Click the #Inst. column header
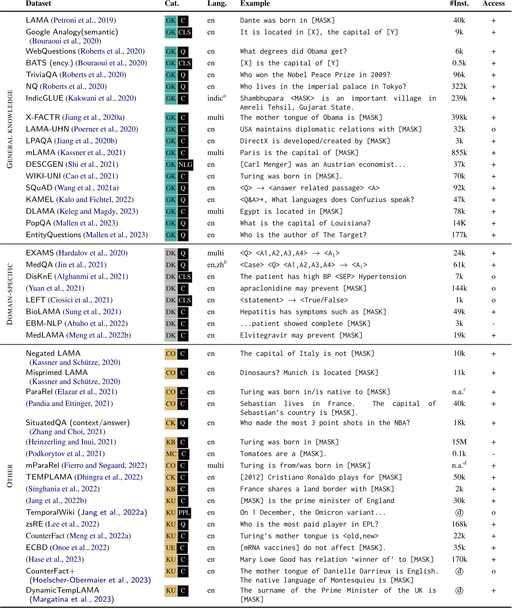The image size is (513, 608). (459, 4)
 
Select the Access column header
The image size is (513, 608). (493, 4)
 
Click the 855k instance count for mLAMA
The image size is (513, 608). (459, 153)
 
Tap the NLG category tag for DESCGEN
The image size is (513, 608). (185, 164)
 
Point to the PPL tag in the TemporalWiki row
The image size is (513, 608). (184, 512)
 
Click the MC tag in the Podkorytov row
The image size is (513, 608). (171, 454)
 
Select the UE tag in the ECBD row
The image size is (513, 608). (170, 548)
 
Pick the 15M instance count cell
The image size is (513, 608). (459, 442)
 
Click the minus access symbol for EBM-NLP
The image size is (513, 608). (493, 324)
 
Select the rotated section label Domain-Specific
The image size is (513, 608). (10, 294)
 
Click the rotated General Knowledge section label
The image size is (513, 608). (10, 129)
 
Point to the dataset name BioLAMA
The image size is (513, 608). (43, 312)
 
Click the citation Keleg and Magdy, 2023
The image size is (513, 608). (98, 211)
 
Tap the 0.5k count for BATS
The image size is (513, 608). (459, 63)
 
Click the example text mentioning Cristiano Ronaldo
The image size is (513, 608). (321, 477)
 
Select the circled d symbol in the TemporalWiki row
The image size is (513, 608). (459, 512)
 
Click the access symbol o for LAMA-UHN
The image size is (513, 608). (493, 130)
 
